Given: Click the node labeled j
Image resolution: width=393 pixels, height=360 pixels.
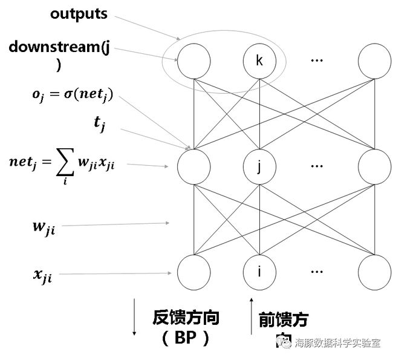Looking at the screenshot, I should (259, 165).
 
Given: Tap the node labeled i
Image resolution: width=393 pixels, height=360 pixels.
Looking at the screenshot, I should (259, 271).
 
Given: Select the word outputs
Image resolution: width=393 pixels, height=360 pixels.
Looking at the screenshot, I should (79, 13).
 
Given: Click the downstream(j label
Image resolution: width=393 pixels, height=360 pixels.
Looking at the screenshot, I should (59, 47).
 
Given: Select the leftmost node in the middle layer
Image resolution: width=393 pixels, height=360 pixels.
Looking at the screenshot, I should (193, 165).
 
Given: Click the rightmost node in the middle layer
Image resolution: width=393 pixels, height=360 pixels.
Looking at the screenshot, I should (374, 165).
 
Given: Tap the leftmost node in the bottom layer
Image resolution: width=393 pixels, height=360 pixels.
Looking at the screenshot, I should (193, 271).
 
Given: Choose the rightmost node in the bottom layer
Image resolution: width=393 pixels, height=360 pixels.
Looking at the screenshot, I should (374, 271).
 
